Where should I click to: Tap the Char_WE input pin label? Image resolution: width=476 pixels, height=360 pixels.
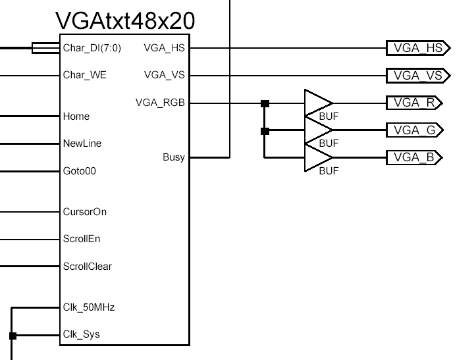84,75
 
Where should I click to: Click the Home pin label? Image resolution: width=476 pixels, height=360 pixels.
76,116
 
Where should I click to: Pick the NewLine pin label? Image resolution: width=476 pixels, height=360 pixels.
82,143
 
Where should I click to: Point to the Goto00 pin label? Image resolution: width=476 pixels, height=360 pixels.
80,171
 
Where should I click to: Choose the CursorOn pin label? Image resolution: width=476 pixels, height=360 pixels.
84,212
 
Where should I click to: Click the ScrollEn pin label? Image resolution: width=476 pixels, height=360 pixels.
82,240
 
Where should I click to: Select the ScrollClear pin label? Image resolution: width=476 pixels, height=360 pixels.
87,267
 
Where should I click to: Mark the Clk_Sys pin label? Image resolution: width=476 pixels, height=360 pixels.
81,334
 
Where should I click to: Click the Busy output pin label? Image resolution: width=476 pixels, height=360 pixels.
174,157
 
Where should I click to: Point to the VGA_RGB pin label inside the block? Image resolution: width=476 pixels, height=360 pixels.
160,103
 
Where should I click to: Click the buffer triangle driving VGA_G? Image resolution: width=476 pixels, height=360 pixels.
317,130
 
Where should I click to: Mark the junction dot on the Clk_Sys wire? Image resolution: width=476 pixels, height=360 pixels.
13,336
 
